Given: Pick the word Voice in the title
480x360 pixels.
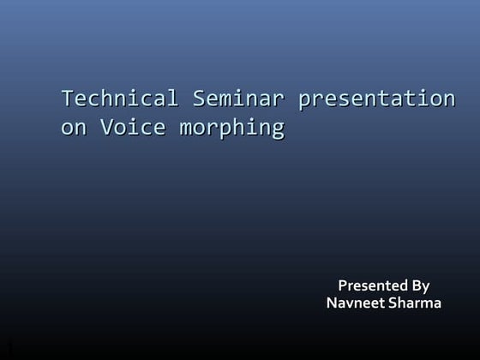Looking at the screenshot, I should coord(130,129).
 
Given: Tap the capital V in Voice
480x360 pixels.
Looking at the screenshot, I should coord(107,129).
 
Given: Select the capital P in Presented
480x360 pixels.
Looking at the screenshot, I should coord(343,285).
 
